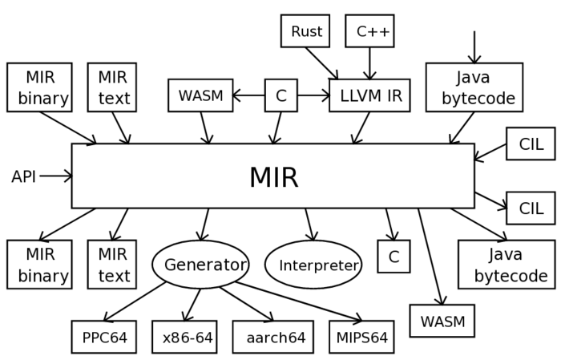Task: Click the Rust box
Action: pyautogui.click(x=305, y=31)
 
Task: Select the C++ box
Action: pyautogui.click(x=369, y=31)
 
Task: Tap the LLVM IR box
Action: pyautogui.click(x=369, y=95)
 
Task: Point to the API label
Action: pyautogui.click(x=24, y=176)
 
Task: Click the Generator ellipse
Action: pyautogui.click(x=200, y=265)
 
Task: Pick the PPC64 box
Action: pyautogui.click(x=104, y=337)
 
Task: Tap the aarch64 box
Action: pyautogui.click(x=273, y=337)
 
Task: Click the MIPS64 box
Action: pyautogui.click(x=361, y=337)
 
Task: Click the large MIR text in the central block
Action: pyautogui.click(x=273, y=177)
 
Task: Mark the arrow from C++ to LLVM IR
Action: pyautogui.click(x=369, y=63)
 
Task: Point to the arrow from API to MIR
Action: pyautogui.click(x=55, y=176)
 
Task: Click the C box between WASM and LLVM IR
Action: pyautogui.click(x=280, y=95)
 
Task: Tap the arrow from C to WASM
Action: pyautogui.click(x=248, y=95)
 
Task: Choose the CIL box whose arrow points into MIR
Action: pyautogui.click(x=530, y=144)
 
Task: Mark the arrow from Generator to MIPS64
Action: pyautogui.click(x=305, y=301)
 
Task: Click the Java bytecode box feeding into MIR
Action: pyautogui.click(x=474, y=87)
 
